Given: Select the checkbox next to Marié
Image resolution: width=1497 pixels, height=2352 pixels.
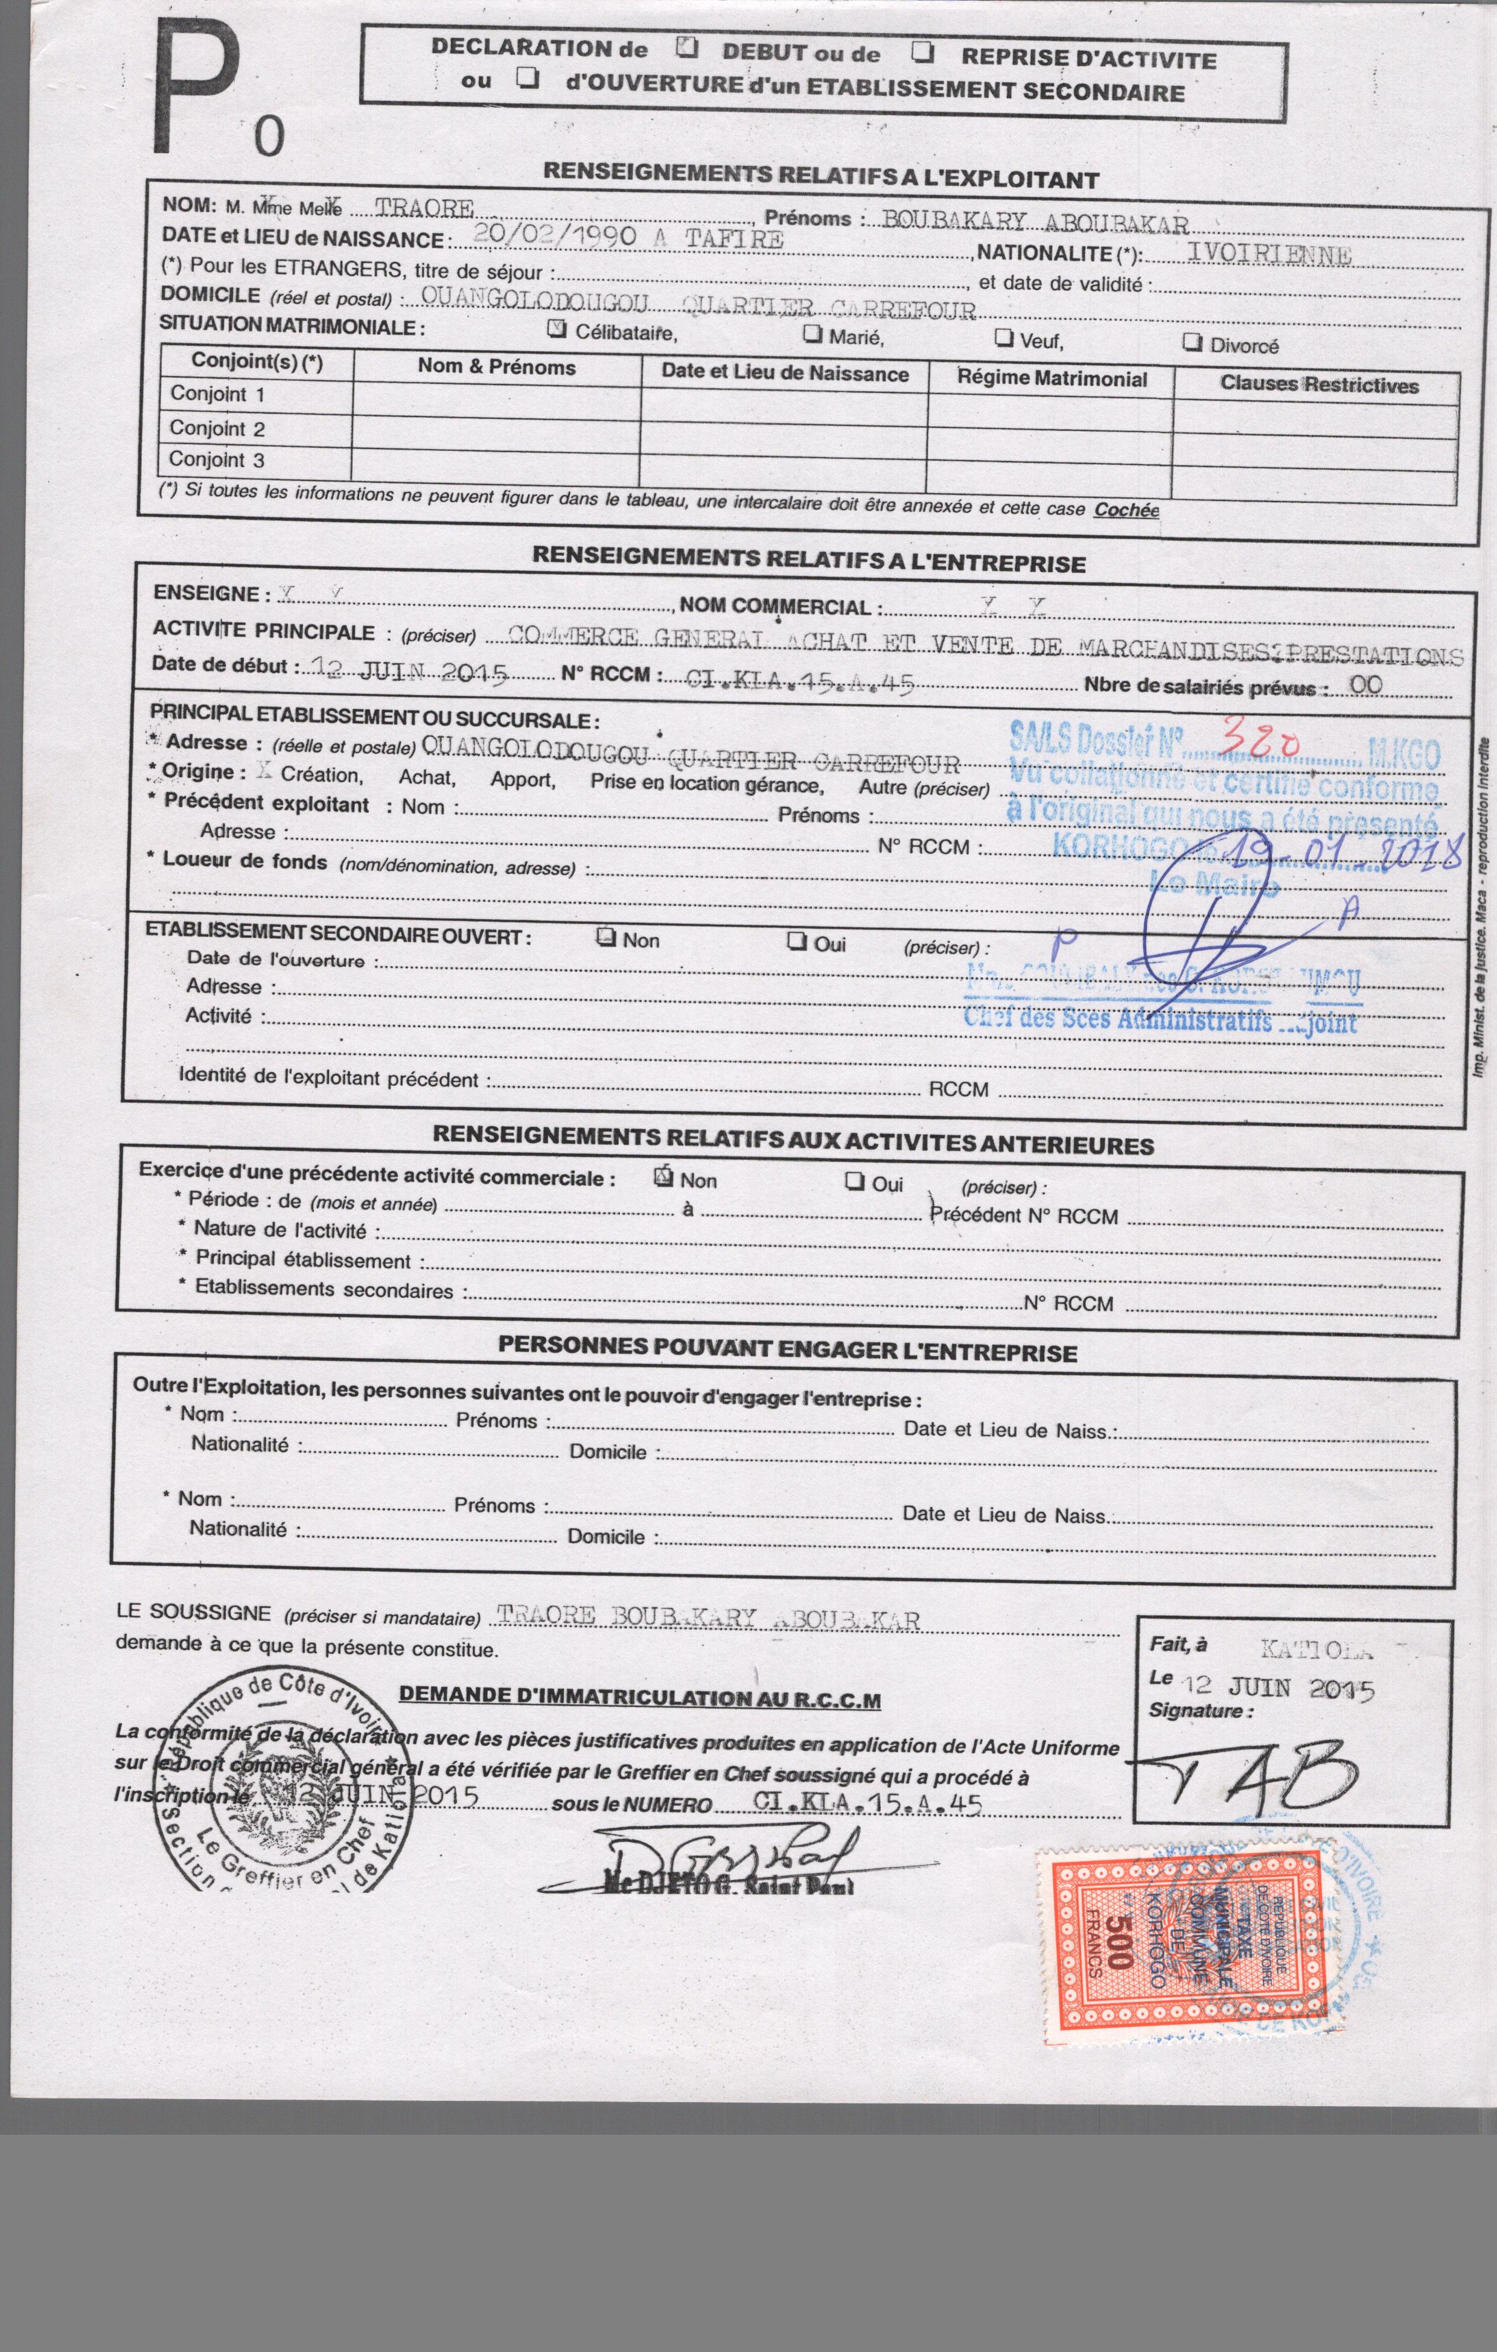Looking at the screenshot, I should [812, 334].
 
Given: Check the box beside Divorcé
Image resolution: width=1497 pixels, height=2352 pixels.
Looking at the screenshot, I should [1191, 342].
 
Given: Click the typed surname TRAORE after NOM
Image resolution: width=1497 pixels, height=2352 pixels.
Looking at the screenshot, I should [424, 208].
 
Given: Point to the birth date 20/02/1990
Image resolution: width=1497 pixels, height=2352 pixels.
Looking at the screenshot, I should [553, 235].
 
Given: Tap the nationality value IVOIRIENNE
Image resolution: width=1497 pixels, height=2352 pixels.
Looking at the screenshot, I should [1268, 256].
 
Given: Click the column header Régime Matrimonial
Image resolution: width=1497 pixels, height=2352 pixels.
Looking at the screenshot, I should [1052, 379].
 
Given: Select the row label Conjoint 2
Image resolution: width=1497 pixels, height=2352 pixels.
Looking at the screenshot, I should [217, 428].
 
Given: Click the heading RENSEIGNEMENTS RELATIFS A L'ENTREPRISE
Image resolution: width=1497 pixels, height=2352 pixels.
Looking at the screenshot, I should [808, 559].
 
